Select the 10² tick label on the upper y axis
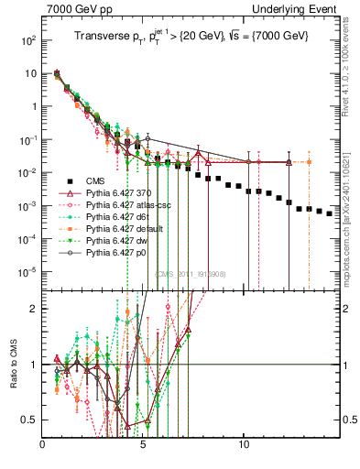29,41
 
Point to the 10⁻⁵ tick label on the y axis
29,272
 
